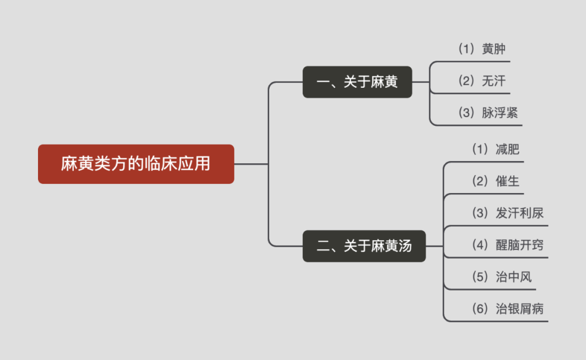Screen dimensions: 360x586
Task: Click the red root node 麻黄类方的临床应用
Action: pos(136,164)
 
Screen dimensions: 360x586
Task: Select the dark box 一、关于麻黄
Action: pos(357,82)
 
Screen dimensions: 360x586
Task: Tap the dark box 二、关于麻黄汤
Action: pos(364,246)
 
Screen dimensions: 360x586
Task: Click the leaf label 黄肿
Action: pos(494,49)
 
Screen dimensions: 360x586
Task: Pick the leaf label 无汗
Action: pos(494,81)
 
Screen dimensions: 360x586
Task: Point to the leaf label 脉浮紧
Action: pos(500,113)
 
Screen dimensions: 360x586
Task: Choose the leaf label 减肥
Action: pos(507,150)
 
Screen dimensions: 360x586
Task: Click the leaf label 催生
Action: pos(507,181)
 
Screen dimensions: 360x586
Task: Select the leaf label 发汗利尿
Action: pos(519,213)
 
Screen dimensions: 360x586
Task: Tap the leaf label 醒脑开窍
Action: pos(519,245)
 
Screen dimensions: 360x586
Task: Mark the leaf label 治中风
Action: pos(513,277)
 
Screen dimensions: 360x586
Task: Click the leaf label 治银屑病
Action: pos(519,309)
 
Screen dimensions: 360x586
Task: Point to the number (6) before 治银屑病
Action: pos(481,309)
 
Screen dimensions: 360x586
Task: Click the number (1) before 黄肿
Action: pos(467,49)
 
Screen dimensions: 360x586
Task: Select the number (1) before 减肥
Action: pos(481,150)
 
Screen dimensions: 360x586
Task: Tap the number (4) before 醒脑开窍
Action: pos(481,245)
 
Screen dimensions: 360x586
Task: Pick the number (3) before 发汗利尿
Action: pos(481,213)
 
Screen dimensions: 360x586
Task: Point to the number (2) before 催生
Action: pos(481,181)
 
